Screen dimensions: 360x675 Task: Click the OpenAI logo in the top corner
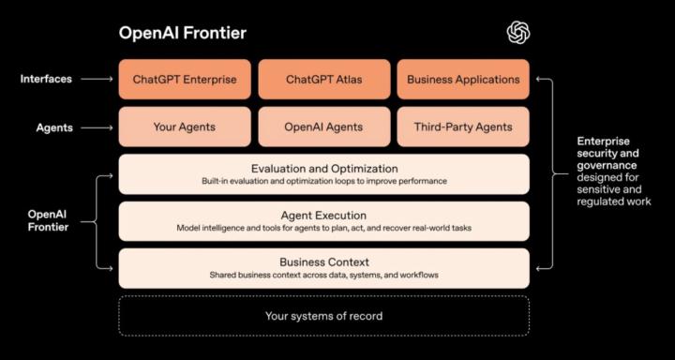(x=518, y=33)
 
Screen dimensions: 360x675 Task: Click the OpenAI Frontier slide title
(x=182, y=33)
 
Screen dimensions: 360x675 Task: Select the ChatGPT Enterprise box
(x=185, y=80)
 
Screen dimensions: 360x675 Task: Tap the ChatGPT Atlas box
(x=323, y=80)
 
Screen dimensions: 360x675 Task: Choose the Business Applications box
(x=463, y=80)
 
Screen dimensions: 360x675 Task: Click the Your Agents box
(x=185, y=127)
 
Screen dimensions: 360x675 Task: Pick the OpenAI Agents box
(x=323, y=127)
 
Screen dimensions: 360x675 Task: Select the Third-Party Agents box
(x=463, y=127)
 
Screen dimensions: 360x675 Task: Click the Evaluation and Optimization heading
(x=323, y=169)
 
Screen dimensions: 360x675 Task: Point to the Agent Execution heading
(x=323, y=216)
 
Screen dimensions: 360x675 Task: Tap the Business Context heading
(x=323, y=262)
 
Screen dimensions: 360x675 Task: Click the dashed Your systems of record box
(x=323, y=316)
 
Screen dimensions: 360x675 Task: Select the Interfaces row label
(x=46, y=80)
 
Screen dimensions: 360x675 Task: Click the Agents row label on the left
(x=54, y=127)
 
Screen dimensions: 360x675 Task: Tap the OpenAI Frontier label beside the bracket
(x=48, y=220)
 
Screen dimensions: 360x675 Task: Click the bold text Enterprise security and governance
(x=608, y=153)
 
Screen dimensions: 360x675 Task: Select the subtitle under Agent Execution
(x=323, y=228)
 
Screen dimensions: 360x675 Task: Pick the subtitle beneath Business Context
(x=323, y=275)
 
